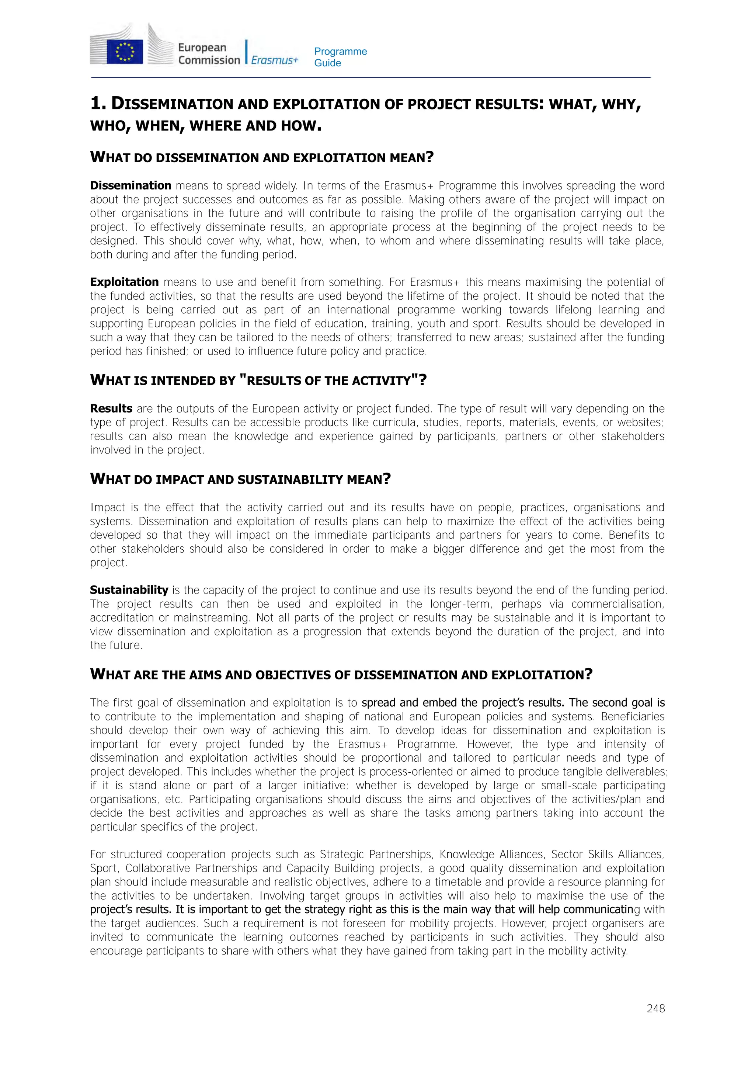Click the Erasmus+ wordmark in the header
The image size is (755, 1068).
coord(274,60)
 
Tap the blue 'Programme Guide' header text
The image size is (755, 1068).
coord(340,57)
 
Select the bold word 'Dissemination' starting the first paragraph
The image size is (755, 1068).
coord(131,185)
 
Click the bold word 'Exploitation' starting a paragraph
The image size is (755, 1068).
coord(124,282)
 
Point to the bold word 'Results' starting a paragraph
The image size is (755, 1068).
coord(111,409)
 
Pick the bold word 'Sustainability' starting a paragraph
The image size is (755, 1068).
coord(129,590)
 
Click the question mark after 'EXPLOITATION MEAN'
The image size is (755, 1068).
coord(430,157)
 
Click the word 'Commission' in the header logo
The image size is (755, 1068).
coord(209,60)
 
